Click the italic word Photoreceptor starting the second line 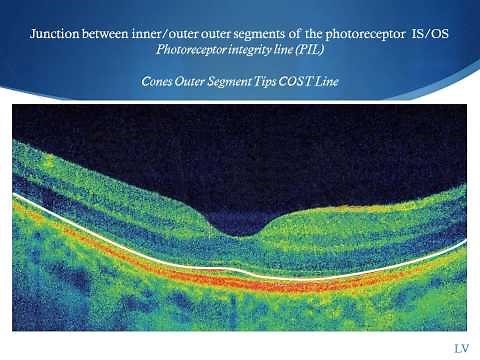point(196,49)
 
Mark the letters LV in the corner point(461,348)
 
